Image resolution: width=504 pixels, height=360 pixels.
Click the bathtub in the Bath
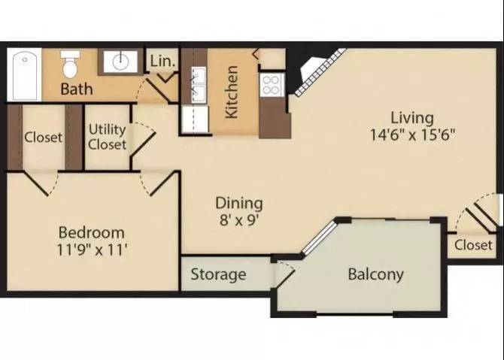(x=25, y=75)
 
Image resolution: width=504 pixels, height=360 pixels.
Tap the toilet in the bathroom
(x=70, y=64)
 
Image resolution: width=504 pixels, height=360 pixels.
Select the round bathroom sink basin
(x=120, y=62)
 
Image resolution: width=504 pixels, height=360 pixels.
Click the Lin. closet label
(x=163, y=61)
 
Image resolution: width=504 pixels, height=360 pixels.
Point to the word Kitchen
(x=232, y=92)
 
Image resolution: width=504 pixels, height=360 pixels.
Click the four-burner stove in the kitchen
(x=272, y=85)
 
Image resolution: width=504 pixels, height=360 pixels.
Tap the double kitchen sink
(x=199, y=85)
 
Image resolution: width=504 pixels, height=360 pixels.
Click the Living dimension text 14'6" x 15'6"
(x=413, y=135)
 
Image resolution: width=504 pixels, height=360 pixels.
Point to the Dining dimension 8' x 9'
(x=239, y=220)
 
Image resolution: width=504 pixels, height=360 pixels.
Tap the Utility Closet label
(x=107, y=137)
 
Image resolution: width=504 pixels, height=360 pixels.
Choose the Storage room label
(x=218, y=274)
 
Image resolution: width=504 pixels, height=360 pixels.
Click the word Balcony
(x=376, y=274)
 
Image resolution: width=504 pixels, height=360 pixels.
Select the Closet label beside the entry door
(x=473, y=245)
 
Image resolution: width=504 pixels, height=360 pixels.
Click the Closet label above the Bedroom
(x=43, y=137)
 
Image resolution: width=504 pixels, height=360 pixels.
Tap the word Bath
(x=77, y=89)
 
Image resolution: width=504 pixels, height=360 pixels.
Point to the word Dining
(x=239, y=203)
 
